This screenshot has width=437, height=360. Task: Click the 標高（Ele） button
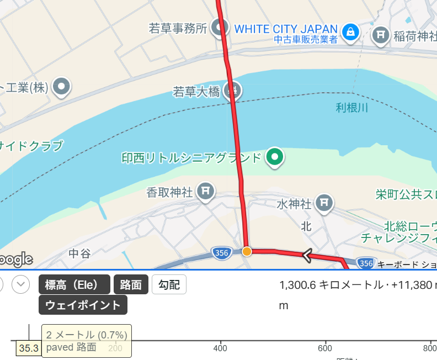pyautogui.click(x=74, y=285)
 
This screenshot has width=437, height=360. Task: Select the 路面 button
pyautogui.click(x=131, y=285)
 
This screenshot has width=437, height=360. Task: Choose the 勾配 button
pyautogui.click(x=169, y=285)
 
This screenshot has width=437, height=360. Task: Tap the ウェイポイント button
pyautogui.click(x=83, y=305)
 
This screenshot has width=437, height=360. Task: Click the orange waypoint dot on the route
pyautogui.click(x=247, y=251)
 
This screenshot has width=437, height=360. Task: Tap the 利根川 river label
pyautogui.click(x=351, y=108)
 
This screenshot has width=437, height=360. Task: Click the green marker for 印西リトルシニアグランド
pyautogui.click(x=274, y=158)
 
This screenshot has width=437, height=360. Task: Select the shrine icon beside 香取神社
pyautogui.click(x=205, y=192)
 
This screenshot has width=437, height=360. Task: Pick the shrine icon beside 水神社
pyautogui.click(x=324, y=204)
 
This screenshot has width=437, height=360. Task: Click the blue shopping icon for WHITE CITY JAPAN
pyautogui.click(x=350, y=32)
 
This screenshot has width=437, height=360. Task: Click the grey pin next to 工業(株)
pyautogui.click(x=62, y=86)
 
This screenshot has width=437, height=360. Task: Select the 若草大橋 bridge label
pyautogui.click(x=196, y=91)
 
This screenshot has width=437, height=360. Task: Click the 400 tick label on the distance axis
pyautogui.click(x=220, y=348)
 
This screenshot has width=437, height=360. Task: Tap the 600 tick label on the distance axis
pyautogui.click(x=326, y=348)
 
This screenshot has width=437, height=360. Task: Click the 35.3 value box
pyautogui.click(x=29, y=348)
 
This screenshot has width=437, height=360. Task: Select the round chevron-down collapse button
pyautogui.click(x=21, y=285)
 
